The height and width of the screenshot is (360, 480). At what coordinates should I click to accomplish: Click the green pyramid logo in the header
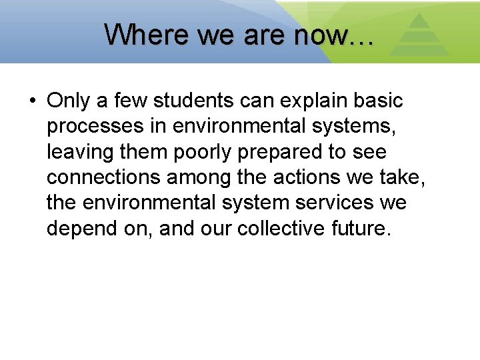pyautogui.click(x=418, y=35)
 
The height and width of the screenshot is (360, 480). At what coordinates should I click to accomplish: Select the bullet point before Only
pyautogui.click(x=33, y=101)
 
